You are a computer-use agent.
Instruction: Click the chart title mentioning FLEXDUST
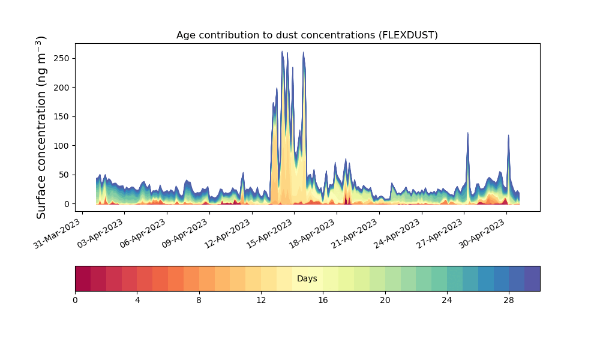pyautogui.click(x=307, y=35)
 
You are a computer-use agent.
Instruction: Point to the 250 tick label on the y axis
pyautogui.click(x=62, y=59)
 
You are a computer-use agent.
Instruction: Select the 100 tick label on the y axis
pyautogui.click(x=62, y=146)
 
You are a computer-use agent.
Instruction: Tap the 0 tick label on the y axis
pyautogui.click(x=67, y=204)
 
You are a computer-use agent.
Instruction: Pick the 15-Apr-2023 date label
pyautogui.click(x=270, y=233)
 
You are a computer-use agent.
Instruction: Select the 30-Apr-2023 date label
pyautogui.click(x=482, y=233)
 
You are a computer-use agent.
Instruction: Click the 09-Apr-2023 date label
pyautogui.click(x=185, y=233)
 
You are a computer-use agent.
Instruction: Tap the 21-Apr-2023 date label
pyautogui.click(x=355, y=233)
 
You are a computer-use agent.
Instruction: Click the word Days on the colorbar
pyautogui.click(x=307, y=278)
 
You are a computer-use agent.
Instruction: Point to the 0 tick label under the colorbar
pyautogui.click(x=75, y=301)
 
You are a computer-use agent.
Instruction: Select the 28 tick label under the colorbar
pyautogui.click(x=509, y=301)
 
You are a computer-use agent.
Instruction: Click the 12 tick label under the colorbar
pyautogui.click(x=261, y=301)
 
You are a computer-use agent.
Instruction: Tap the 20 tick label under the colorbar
pyautogui.click(x=385, y=301)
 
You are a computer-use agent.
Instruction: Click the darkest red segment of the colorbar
pyautogui.click(x=83, y=278)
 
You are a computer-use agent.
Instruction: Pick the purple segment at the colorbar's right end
pyautogui.click(x=532, y=278)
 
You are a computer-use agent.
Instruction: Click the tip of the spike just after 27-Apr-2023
pyautogui.click(x=467, y=133)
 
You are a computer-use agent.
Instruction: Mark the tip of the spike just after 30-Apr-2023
pyautogui.click(x=509, y=135)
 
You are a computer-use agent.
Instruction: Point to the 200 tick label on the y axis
pyautogui.click(x=62, y=88)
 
